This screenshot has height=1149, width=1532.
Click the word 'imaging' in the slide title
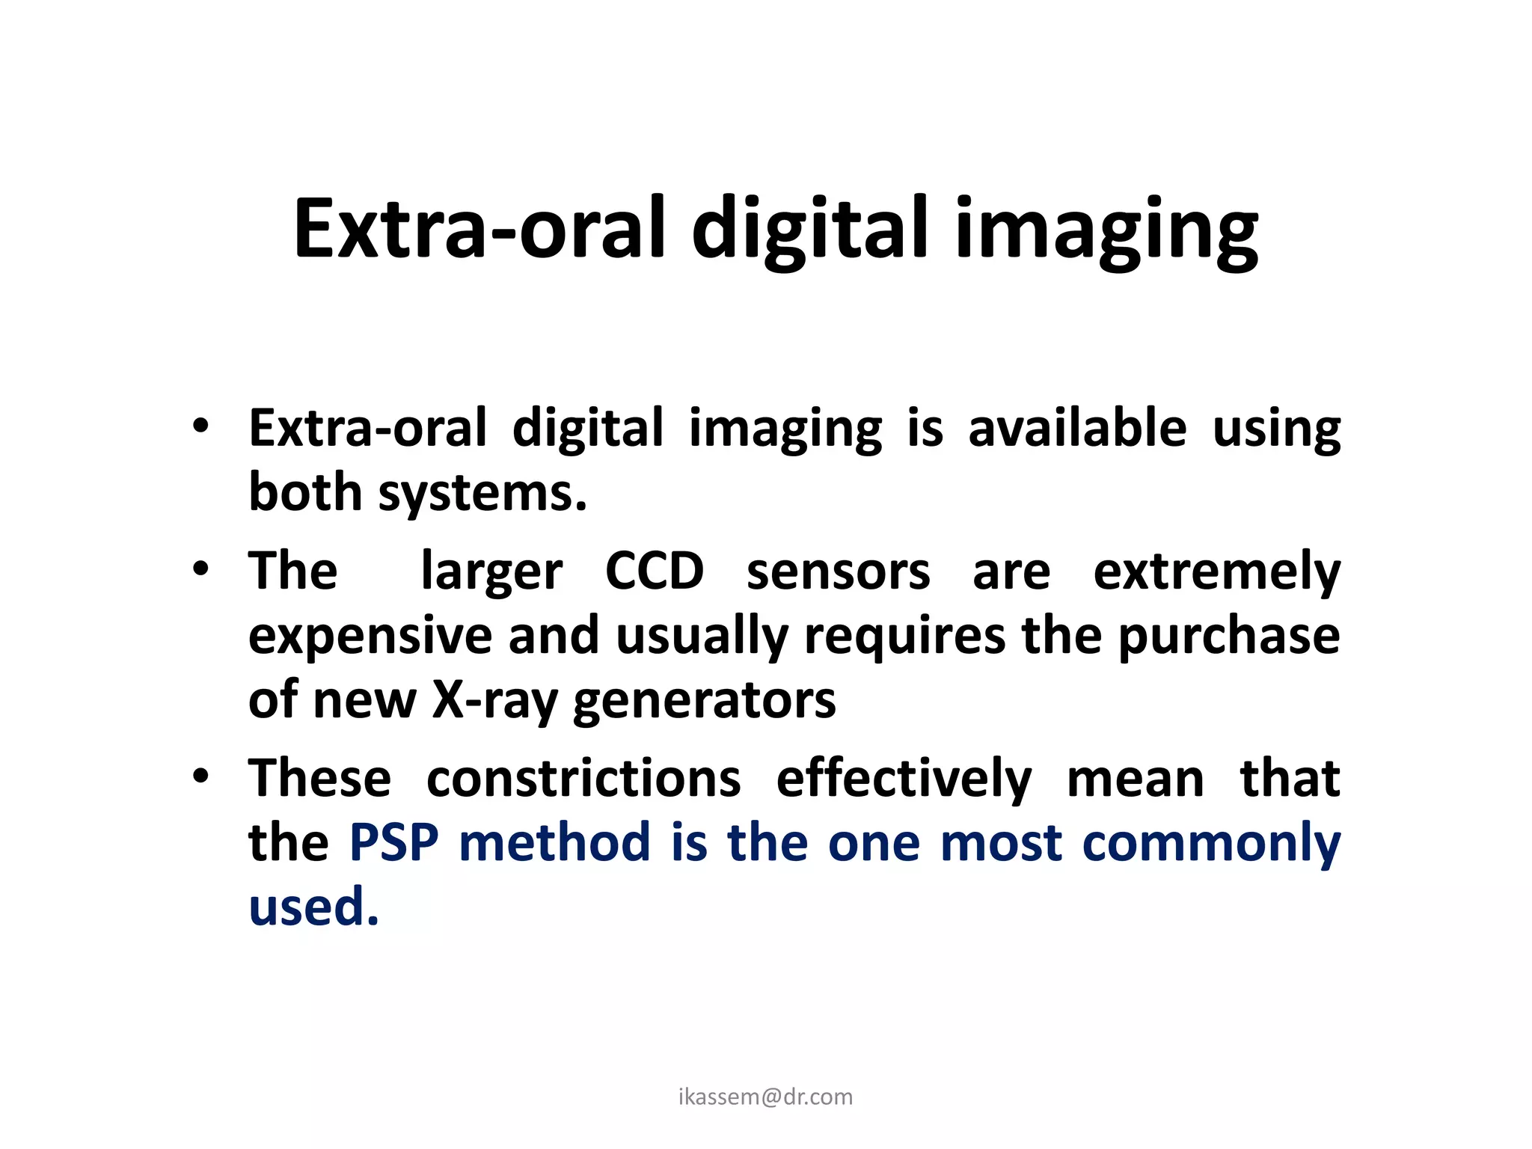(x=1106, y=230)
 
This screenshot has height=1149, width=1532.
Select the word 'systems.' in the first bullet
(x=482, y=494)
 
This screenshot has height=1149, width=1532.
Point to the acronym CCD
(x=655, y=572)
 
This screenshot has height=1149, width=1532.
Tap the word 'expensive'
(x=370, y=637)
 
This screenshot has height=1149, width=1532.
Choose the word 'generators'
(x=705, y=702)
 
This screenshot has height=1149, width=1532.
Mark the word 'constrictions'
(x=583, y=779)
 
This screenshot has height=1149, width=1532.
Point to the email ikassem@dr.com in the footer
(x=765, y=1097)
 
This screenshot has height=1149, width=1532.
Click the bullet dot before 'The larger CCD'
(x=200, y=569)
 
